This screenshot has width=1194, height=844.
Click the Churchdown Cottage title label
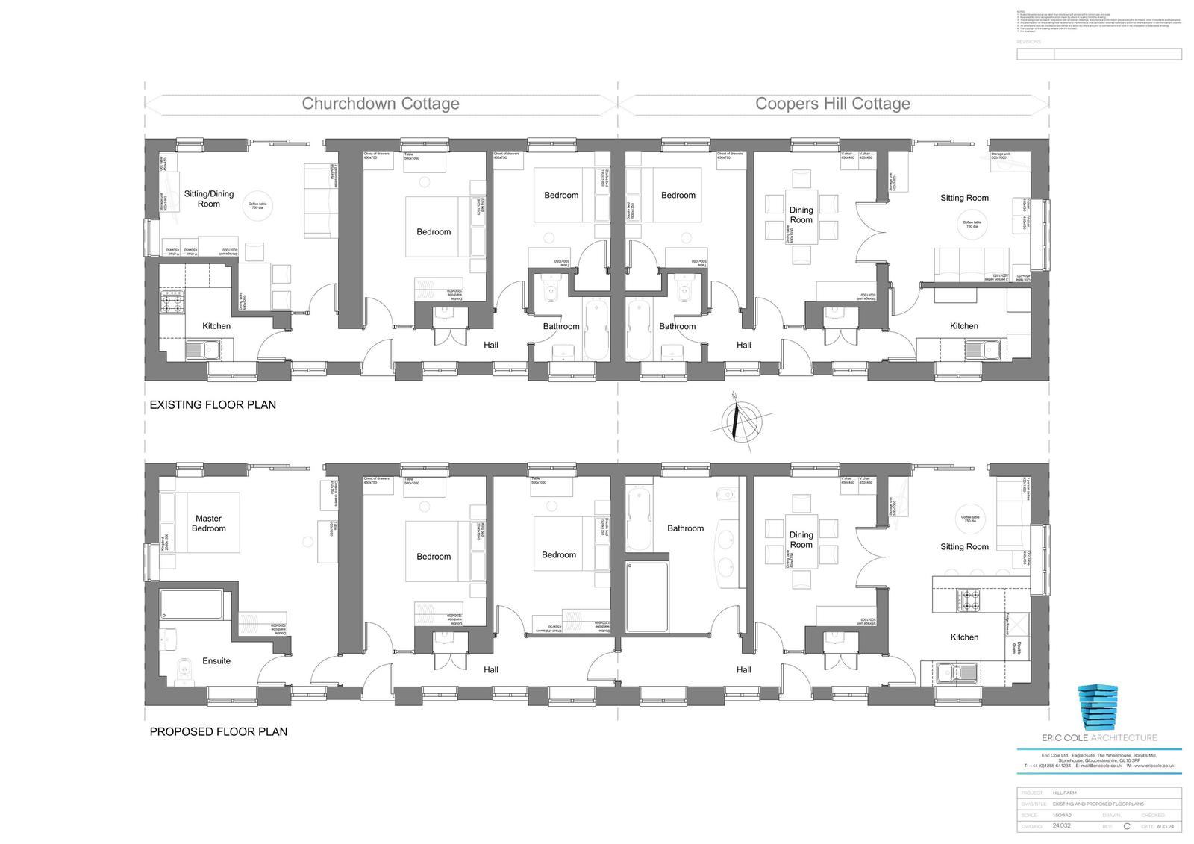click(381, 104)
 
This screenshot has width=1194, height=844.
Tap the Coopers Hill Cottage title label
click(833, 104)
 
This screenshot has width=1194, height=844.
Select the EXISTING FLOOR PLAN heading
click(213, 405)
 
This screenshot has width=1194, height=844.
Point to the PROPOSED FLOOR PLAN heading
click(219, 732)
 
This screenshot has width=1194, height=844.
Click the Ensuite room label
click(216, 661)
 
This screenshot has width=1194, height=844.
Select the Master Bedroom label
click(209, 523)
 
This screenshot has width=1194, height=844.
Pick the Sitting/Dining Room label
click(209, 199)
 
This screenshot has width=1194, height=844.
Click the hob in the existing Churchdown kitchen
click(172, 302)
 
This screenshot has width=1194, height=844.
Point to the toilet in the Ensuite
click(182, 671)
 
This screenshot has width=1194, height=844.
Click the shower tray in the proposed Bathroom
click(647, 597)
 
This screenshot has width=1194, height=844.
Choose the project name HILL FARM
click(1065, 793)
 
